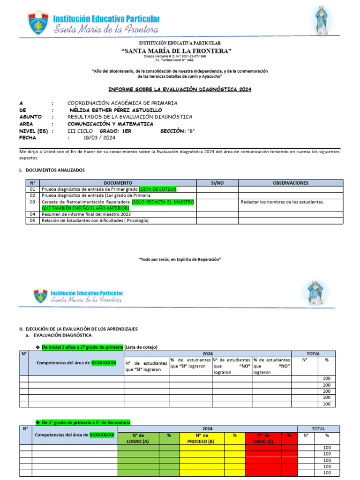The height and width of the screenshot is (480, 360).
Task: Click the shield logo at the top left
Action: pyautogui.click(x=38, y=22)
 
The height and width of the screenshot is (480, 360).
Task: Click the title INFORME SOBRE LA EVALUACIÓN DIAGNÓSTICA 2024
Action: pyautogui.click(x=180, y=89)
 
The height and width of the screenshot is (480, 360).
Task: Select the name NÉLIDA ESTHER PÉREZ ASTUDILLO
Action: pyautogui.click(x=115, y=110)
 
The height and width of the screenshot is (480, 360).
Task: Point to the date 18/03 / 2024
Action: pyautogui.click(x=99, y=138)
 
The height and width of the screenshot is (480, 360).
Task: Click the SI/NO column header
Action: pyautogui.click(x=217, y=183)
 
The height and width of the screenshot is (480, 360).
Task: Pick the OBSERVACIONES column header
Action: pyautogui.click(x=291, y=183)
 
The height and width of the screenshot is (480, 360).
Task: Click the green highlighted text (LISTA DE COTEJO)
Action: pyautogui.click(x=157, y=189)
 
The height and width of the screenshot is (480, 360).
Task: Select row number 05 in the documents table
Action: pyautogui.click(x=32, y=220)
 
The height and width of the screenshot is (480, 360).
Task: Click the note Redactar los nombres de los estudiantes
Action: pyautogui.click(x=282, y=202)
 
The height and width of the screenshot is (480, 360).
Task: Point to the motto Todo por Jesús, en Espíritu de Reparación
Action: pyautogui.click(x=180, y=259)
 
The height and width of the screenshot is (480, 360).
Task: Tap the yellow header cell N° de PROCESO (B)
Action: pyautogui.click(x=200, y=438)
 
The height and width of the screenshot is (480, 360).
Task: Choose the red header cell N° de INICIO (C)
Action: pyautogui.click(x=263, y=438)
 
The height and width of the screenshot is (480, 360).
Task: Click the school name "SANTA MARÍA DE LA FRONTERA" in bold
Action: pyautogui.click(x=176, y=51)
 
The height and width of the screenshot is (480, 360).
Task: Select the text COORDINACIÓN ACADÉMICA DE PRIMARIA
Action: pyautogui.click(x=122, y=103)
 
